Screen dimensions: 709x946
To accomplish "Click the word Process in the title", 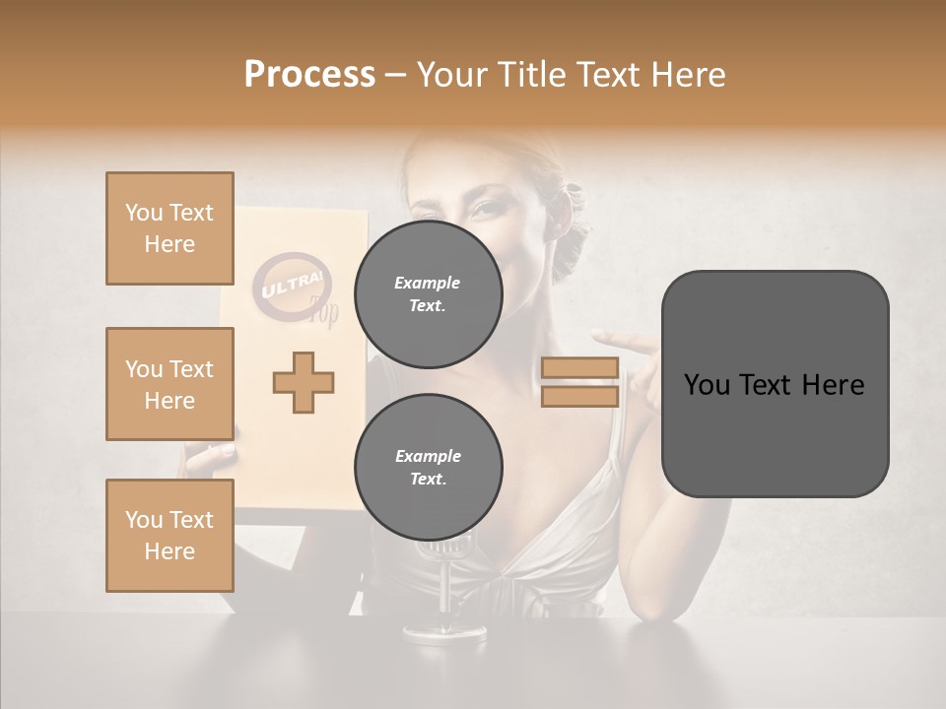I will pyautogui.click(x=309, y=74).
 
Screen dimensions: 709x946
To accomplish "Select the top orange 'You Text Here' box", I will pyautogui.click(x=169, y=228).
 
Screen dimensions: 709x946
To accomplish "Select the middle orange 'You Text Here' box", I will pyautogui.click(x=169, y=384).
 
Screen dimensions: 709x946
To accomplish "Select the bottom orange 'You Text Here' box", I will pyautogui.click(x=169, y=535).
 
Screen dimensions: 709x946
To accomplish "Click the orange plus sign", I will pyautogui.click(x=304, y=382).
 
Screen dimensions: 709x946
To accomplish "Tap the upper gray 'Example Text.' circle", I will pyautogui.click(x=428, y=293).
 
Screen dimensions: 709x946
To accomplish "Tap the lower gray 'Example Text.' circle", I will pyautogui.click(x=428, y=467).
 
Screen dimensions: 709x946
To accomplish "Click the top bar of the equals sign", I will pyautogui.click(x=579, y=367).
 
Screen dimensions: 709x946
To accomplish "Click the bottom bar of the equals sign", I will pyautogui.click(x=579, y=396).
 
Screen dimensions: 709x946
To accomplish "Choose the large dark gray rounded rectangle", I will pyautogui.click(x=775, y=384).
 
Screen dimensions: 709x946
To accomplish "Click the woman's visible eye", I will pyautogui.click(x=486, y=208).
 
